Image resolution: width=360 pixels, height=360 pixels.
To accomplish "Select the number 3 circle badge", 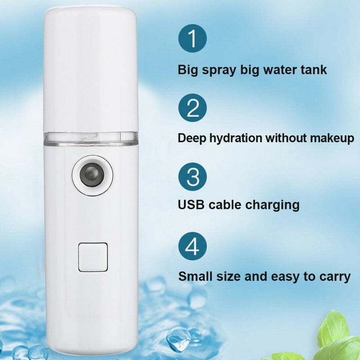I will tap(193, 176).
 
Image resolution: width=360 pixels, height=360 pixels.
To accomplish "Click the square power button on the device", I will tap(93, 257).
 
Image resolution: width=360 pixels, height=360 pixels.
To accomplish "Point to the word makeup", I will tap(331, 137).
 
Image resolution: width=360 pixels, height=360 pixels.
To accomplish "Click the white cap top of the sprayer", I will tap(90, 67).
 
